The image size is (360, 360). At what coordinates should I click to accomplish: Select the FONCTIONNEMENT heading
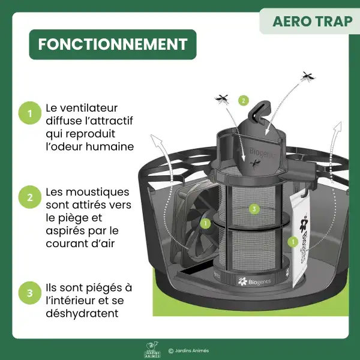point(112,44)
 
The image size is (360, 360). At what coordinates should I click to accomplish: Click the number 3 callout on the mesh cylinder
point(254,209)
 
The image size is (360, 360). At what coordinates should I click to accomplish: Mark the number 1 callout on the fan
point(205,224)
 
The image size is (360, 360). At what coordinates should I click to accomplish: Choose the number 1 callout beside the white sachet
point(293,242)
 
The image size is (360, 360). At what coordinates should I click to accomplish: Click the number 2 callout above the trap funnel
point(243,100)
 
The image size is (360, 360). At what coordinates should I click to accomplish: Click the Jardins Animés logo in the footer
point(153,350)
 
